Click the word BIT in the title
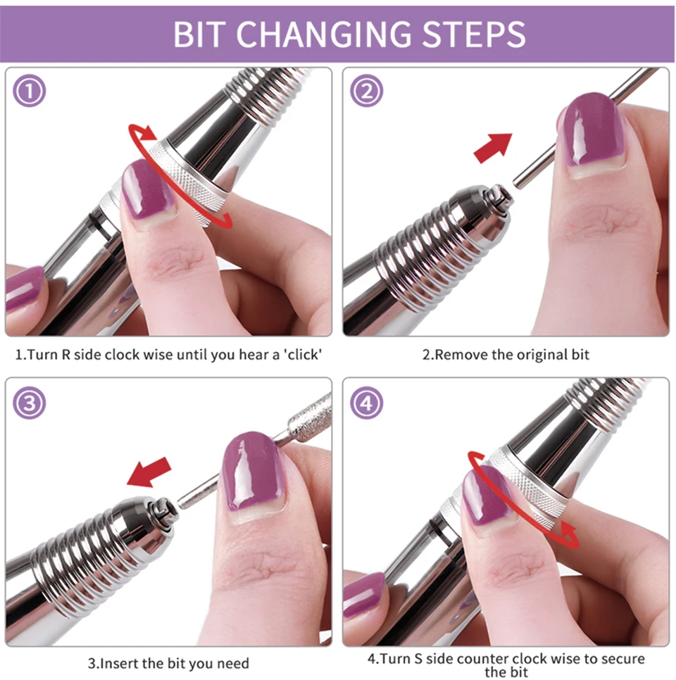pos(199,34)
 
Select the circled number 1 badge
pos(29,91)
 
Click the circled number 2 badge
pos(367,91)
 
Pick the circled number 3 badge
pos(29,403)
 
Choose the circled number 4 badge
pos(367,403)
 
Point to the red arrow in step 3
pos(149,472)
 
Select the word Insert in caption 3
pos(119,664)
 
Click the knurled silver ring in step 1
pos(186,182)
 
